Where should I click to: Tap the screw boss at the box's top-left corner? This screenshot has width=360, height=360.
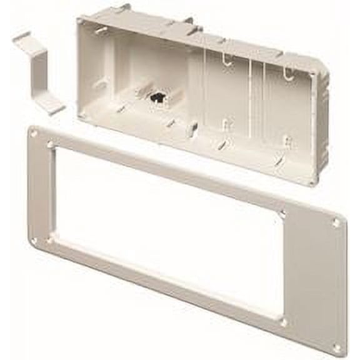[81, 21]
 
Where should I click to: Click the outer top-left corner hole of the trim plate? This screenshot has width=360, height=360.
[34, 133]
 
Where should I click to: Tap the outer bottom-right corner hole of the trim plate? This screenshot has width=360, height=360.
[337, 347]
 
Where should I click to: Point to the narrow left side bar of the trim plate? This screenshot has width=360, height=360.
[42, 187]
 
